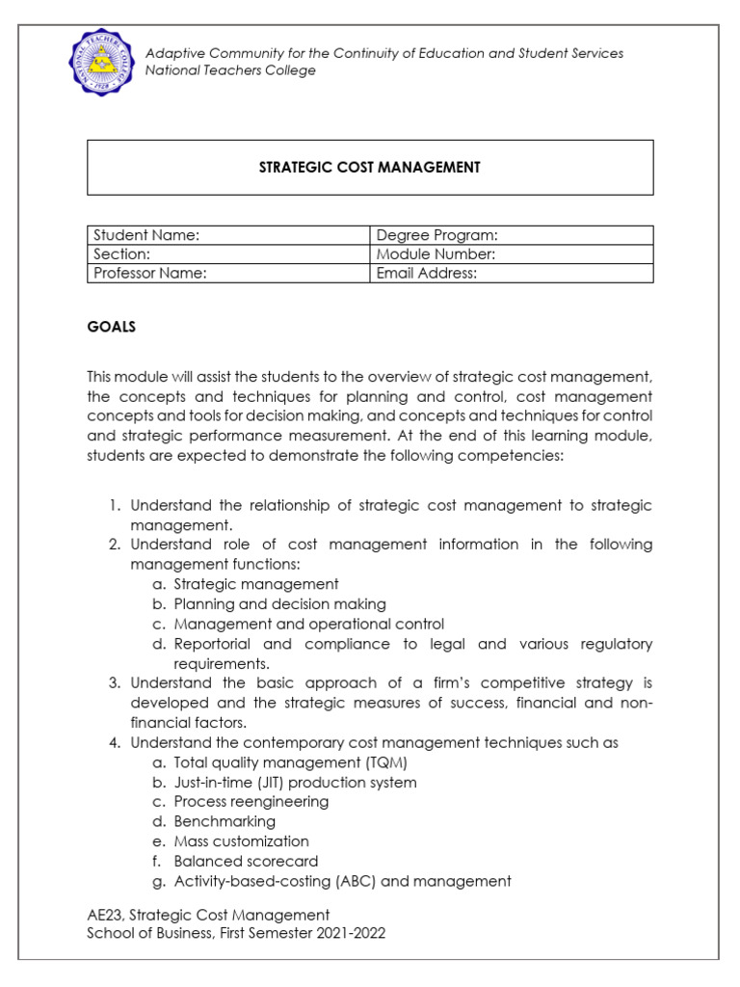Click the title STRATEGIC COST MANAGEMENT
click(370, 168)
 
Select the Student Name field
click(228, 235)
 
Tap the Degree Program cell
click(512, 235)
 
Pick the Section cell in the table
click(228, 254)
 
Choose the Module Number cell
click(512, 254)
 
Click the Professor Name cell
click(228, 274)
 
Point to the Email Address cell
click(512, 274)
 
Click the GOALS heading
click(112, 327)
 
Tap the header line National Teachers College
click(230, 71)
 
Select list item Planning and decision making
click(279, 604)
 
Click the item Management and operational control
click(308, 625)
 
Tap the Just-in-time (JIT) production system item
click(295, 783)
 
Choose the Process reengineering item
click(251, 802)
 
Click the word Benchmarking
click(225, 822)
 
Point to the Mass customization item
click(241, 841)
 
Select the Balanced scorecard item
click(246, 862)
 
